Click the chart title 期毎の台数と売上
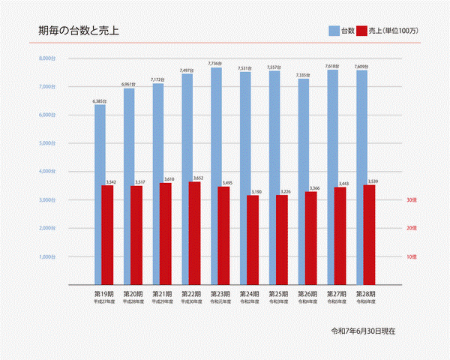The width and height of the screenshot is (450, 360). pos(79,31)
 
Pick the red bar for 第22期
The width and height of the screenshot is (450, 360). pos(195,232)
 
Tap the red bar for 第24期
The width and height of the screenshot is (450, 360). pos(253,240)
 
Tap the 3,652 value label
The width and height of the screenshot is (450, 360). pos(198,178)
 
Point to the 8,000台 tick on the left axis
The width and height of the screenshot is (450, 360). pos(47,58)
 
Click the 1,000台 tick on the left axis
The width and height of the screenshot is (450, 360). pos(47,256)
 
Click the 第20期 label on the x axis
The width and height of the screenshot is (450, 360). pos(133,293)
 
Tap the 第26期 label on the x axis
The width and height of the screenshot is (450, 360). pos(308,293)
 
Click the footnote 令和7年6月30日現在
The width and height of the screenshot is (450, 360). pos(363,330)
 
